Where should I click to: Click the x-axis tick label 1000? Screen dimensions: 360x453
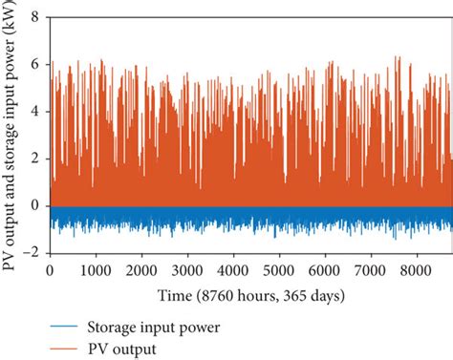coord(97,270)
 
